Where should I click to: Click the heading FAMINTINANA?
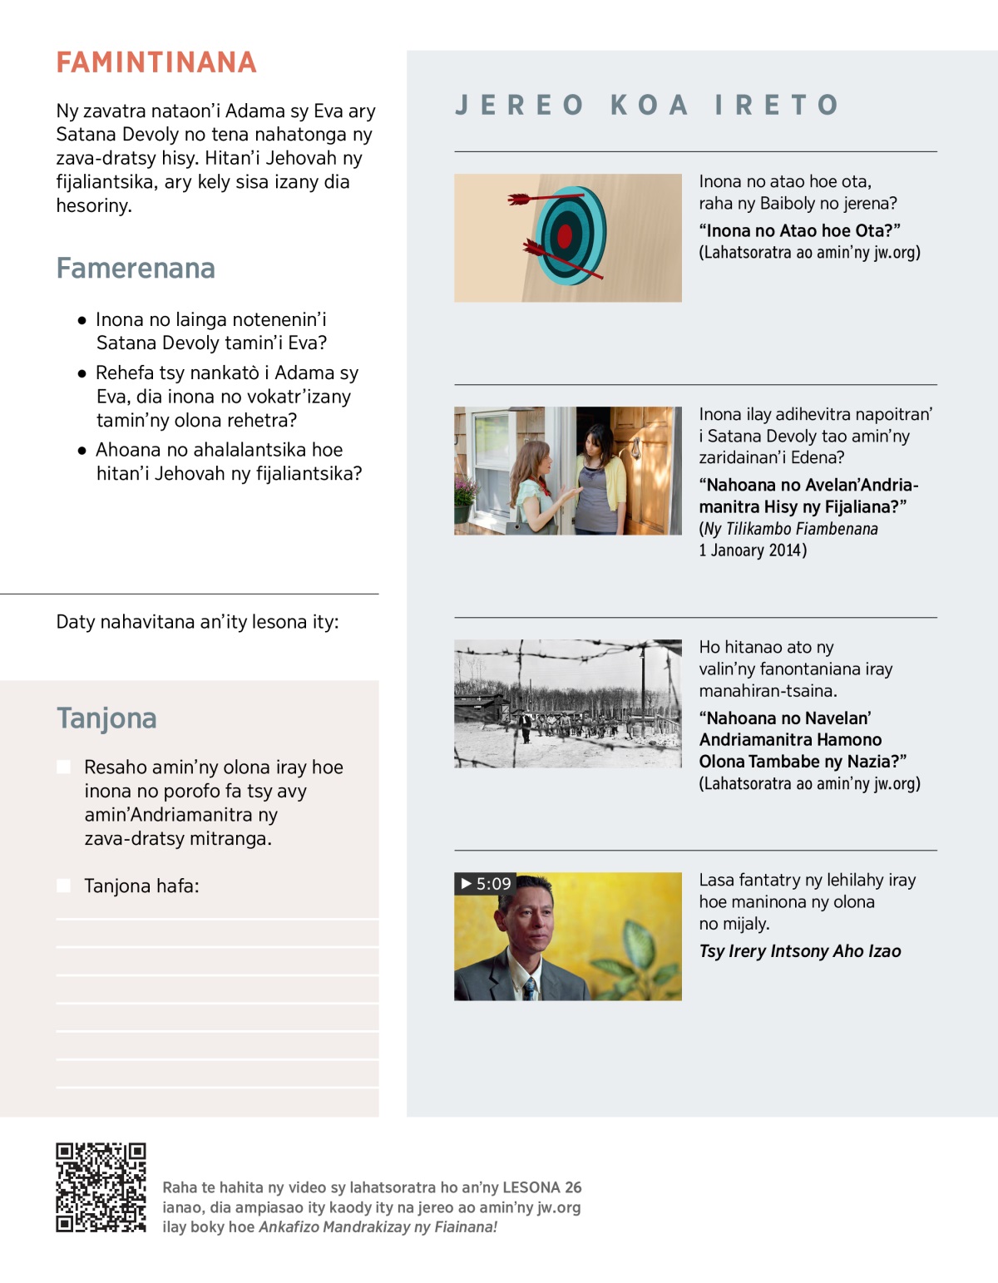click(156, 62)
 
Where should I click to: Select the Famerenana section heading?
click(136, 268)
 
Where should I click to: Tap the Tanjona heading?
click(106, 718)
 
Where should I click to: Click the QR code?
click(101, 1187)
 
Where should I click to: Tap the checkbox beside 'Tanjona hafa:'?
click(63, 886)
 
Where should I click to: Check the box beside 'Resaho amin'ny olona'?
click(63, 767)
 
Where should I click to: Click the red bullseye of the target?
click(565, 236)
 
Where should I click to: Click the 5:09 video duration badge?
click(486, 883)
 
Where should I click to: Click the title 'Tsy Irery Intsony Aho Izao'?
click(800, 951)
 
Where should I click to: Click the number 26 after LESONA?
click(573, 1187)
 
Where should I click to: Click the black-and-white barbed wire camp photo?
click(568, 703)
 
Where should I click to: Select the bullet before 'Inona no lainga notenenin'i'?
click(82, 320)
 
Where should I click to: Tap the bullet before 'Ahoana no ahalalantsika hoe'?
click(82, 451)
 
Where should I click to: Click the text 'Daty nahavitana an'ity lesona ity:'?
click(197, 622)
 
